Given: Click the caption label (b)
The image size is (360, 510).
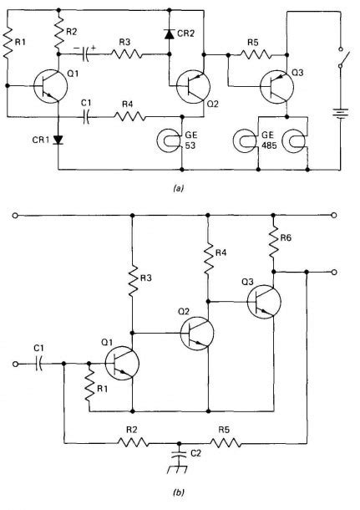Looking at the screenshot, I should coord(178,493).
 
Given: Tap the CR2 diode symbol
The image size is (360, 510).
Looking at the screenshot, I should coord(168,34).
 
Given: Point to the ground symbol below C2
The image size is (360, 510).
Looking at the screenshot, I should coord(178,467).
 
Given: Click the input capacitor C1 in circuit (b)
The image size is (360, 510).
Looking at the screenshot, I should coord(38,363).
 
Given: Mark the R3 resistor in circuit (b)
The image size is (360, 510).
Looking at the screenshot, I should coord(132,282).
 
